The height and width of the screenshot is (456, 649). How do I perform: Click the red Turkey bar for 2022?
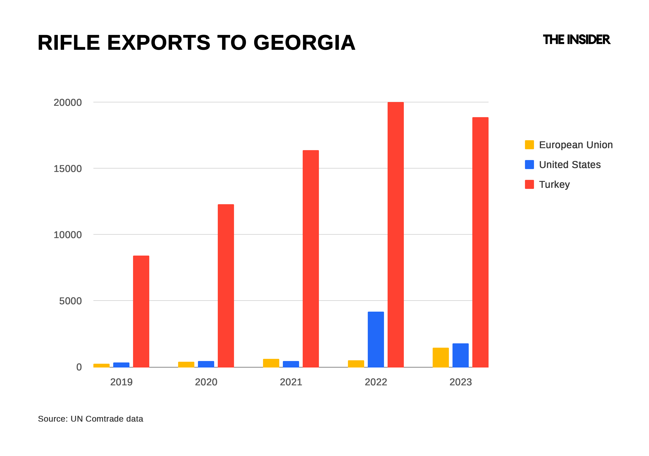tap(396, 234)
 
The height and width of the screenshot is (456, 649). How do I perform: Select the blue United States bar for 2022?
tap(376, 339)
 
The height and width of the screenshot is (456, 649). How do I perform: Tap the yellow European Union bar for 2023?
tap(441, 357)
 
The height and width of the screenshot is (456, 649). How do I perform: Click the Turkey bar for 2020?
tap(226, 286)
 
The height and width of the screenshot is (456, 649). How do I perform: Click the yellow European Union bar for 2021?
tap(271, 363)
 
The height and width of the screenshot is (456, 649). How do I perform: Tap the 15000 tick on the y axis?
tap(68, 169)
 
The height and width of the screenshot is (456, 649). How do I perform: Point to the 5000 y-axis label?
tap(70, 301)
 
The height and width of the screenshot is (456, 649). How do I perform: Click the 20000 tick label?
tap(68, 103)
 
